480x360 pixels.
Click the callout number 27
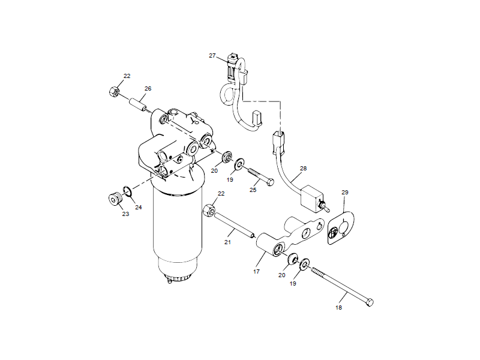(x=212, y=55)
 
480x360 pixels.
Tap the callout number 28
(x=303, y=168)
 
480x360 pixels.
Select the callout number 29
(x=345, y=192)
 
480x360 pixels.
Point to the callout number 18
(x=339, y=307)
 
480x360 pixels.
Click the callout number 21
(x=227, y=242)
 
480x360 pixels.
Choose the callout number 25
(x=253, y=189)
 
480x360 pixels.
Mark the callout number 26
(x=148, y=89)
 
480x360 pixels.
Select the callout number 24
(x=139, y=208)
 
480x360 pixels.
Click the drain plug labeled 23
(x=112, y=198)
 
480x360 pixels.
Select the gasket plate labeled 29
(x=341, y=228)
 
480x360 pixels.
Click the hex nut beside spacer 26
(x=113, y=92)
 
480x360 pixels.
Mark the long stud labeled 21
(x=234, y=224)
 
